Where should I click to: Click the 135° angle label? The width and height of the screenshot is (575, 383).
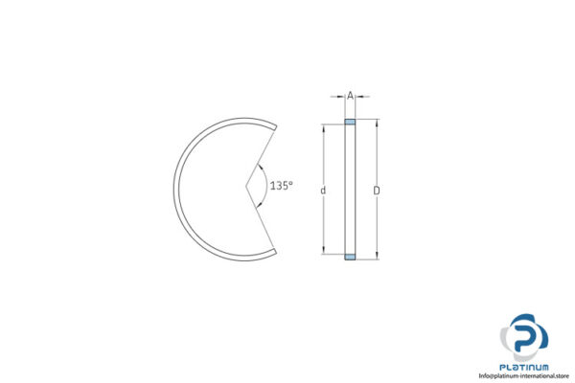tap(281, 186)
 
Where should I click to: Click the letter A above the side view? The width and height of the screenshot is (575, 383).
tap(350, 96)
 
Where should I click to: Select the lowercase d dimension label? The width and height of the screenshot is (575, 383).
tap(323, 191)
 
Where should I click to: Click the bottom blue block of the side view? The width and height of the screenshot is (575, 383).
tap(350, 258)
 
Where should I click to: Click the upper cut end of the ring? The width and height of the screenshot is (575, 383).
tap(274, 125)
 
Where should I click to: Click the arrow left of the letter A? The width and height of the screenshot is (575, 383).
tap(339, 96)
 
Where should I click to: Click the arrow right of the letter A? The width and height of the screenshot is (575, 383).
tap(360, 96)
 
